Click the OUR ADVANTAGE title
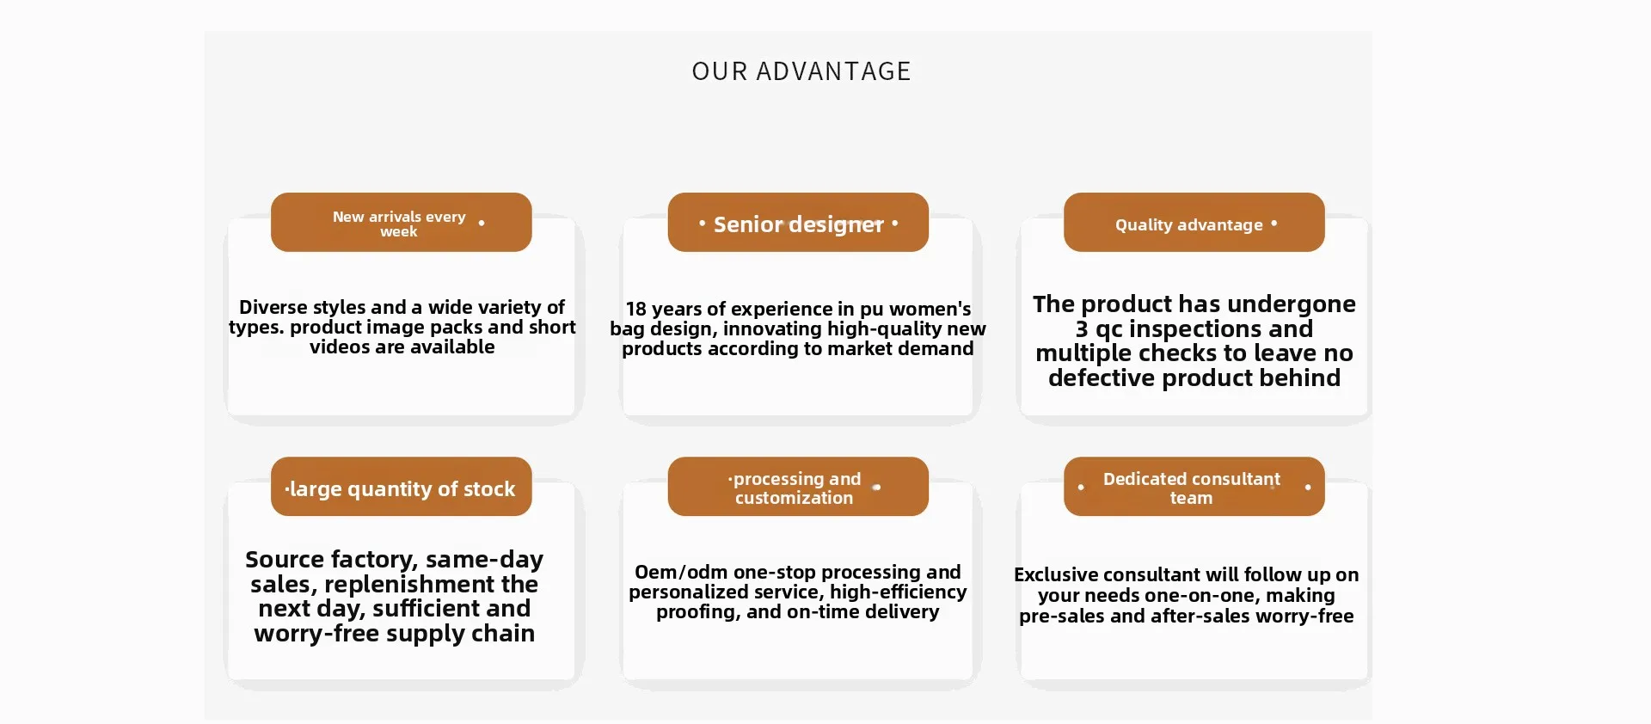(801, 71)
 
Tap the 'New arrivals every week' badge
(401, 222)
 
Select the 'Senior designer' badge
(798, 222)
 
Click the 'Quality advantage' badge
(1194, 222)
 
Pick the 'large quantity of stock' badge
(401, 487)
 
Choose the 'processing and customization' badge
(798, 487)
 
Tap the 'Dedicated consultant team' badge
(1194, 487)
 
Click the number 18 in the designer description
(635, 309)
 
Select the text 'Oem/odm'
(681, 573)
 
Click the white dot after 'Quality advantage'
(1274, 224)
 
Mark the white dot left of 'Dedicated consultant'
(1081, 488)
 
